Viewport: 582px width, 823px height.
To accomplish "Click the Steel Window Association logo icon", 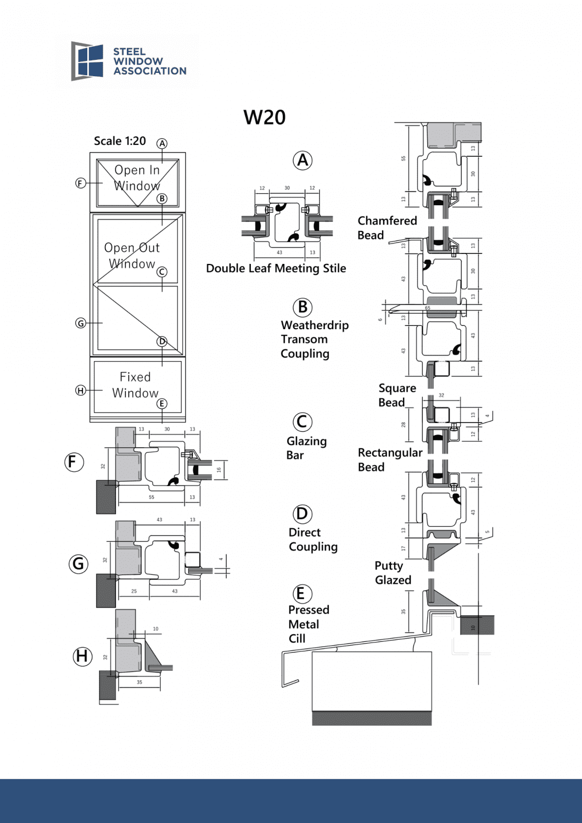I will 87,61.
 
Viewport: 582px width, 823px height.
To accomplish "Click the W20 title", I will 265,117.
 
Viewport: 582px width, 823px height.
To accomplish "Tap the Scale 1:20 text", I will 120,141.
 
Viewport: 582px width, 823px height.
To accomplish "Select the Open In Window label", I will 137,178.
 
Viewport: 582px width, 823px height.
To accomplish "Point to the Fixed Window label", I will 135,385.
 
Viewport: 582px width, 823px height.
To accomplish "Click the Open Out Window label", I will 132,256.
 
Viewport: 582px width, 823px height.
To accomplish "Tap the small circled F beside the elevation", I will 81,183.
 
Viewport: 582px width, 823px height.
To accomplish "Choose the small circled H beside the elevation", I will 81,391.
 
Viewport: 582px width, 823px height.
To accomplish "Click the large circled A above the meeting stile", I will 303,160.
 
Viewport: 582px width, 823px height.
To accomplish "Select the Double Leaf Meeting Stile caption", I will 276,268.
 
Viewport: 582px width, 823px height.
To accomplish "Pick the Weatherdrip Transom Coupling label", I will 314,339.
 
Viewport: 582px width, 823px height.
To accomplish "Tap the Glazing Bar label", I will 306,448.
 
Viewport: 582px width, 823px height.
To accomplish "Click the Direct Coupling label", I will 313,539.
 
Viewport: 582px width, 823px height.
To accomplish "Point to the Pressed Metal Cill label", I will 309,624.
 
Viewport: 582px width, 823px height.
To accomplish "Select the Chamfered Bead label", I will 387,228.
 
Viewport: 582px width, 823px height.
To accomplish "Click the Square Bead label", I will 397,395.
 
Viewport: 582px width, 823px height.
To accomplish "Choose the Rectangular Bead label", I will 390,460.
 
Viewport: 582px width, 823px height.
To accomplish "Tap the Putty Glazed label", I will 393,573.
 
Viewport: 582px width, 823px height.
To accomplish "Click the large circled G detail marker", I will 79,563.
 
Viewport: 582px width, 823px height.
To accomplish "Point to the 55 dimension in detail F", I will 152,497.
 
